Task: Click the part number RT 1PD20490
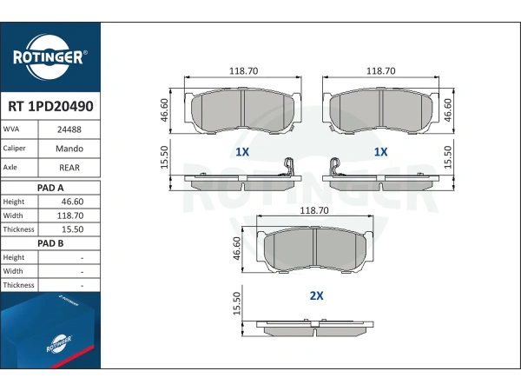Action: [50, 106]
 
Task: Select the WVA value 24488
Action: [69, 129]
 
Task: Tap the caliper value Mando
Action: [69, 149]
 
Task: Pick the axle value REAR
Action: [69, 168]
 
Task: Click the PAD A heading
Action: [50, 188]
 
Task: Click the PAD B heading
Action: [50, 243]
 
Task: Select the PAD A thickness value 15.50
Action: [72, 229]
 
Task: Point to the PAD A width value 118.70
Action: [70, 215]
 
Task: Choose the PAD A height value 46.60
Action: [72, 202]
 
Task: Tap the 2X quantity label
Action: [316, 295]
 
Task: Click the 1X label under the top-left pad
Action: [242, 152]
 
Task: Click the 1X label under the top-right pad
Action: [381, 152]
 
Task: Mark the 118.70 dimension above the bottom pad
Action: [314, 210]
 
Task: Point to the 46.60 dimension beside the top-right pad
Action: [448, 110]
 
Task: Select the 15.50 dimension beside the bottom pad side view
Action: [236, 303]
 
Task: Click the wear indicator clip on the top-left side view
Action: [287, 167]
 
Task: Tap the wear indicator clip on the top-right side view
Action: [335, 167]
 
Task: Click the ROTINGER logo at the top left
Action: [50, 56]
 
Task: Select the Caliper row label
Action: [14, 149]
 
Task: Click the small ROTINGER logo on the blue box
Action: [59, 344]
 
